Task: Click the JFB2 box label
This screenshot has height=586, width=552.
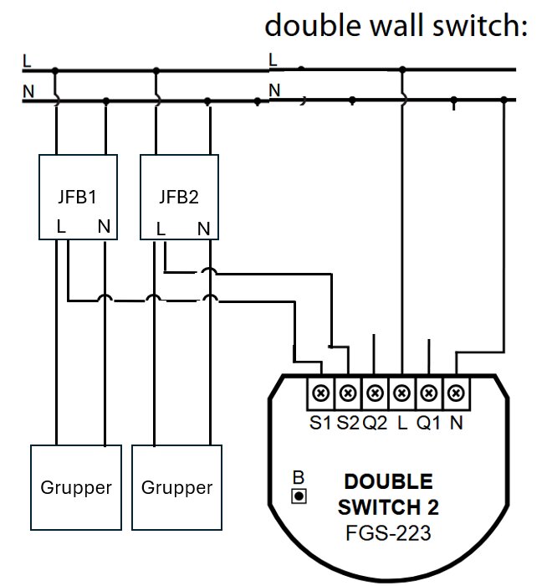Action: pos(179,198)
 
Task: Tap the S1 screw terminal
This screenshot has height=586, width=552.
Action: pos(322,392)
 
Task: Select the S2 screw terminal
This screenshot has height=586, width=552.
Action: pos(349,392)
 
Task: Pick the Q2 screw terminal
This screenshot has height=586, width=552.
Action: pos(376,392)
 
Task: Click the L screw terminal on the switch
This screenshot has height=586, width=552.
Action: pos(402,392)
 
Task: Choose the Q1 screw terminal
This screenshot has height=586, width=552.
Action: pos(429,392)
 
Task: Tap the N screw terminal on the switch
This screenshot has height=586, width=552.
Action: pos(456,392)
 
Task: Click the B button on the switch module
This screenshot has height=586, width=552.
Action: pos(298,496)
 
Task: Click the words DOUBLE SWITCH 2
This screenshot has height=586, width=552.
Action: pos(388,495)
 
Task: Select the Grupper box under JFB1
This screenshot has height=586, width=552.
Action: pos(76,487)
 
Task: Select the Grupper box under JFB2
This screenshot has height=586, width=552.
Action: pos(176,487)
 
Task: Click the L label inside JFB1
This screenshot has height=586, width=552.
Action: pos(61,226)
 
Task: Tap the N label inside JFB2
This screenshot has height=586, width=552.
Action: pos(203,228)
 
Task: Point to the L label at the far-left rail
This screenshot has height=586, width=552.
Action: pos(27,60)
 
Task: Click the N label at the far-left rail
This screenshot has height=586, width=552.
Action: pos(28,91)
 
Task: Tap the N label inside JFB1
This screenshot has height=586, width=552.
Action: pos(104,226)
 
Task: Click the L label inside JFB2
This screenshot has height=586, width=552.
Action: pos(161,228)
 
